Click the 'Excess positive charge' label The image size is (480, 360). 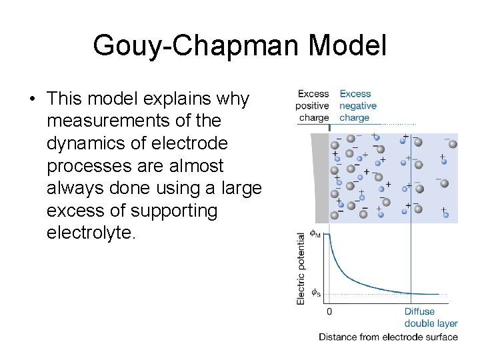313,105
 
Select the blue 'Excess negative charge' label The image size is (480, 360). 358,105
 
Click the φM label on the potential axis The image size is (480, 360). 316,235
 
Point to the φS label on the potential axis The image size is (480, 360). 316,293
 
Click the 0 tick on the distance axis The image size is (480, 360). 329,311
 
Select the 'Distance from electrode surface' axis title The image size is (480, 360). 388,337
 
